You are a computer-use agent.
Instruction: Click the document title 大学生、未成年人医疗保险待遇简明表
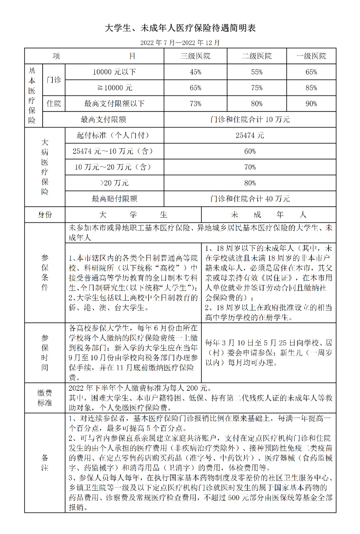point(180,28)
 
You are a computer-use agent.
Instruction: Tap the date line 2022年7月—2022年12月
point(180,43)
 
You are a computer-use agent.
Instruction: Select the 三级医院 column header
point(195,56)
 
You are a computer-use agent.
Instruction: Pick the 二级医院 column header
point(257,56)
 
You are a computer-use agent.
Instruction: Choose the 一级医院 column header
point(311,56)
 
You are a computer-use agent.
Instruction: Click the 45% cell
point(195,72)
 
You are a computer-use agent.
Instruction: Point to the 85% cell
point(311,88)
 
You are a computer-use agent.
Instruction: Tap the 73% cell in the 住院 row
point(195,104)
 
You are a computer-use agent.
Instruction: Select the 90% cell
point(311,104)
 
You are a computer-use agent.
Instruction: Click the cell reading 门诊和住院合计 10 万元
point(250,120)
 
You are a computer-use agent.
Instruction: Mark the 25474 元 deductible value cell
point(250,135)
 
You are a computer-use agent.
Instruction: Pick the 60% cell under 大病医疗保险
point(250,151)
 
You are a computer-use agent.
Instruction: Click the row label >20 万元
point(114,183)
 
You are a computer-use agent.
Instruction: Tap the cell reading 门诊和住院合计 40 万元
point(250,199)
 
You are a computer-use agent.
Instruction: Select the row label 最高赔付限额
point(114,199)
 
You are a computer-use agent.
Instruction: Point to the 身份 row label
point(45,215)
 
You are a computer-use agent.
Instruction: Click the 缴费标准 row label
point(45,398)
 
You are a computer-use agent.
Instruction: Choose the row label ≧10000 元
point(114,88)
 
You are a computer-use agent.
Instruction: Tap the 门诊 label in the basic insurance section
point(54,80)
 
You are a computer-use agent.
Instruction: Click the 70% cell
point(250,167)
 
